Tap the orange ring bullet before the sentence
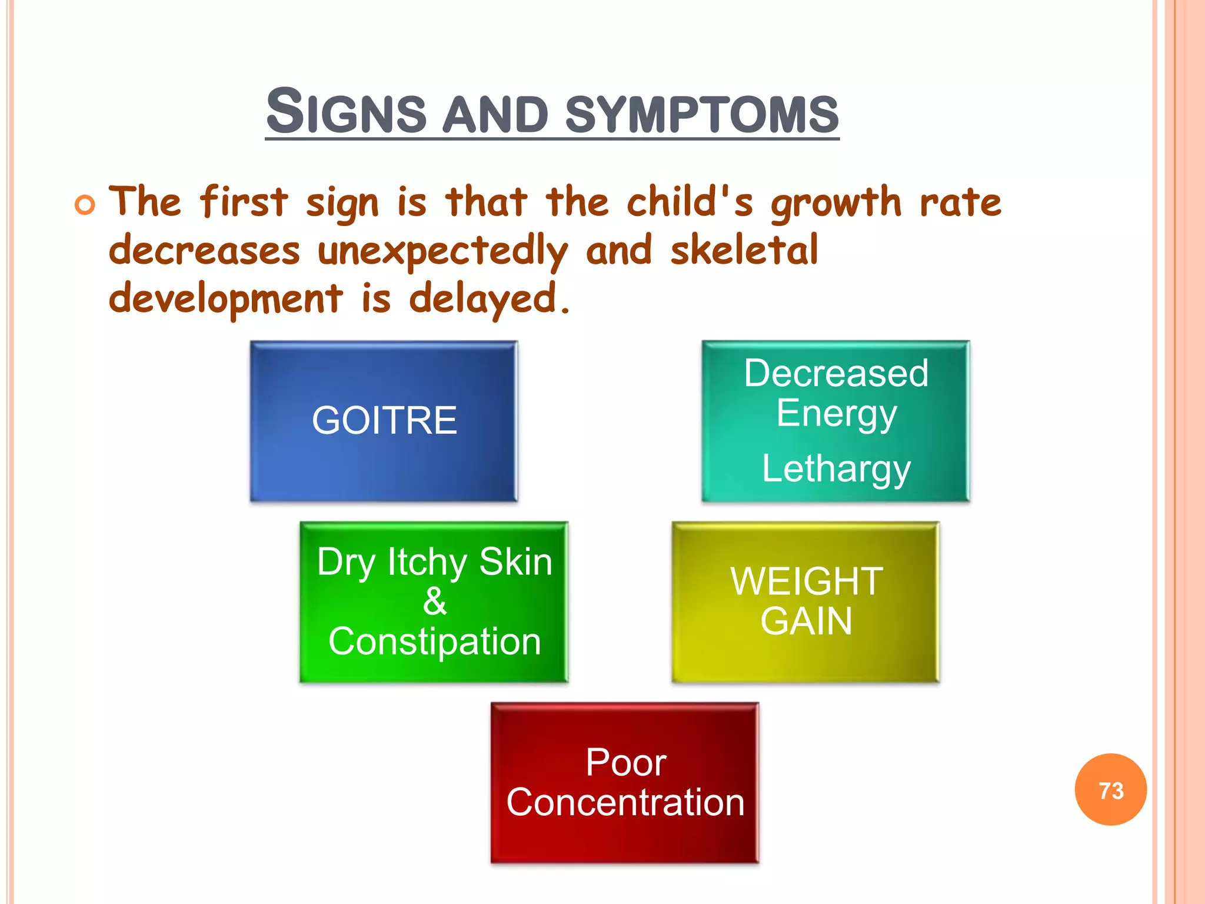point(85,205)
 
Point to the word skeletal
point(744,250)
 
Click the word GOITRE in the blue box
point(384,420)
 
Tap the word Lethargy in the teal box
point(836,469)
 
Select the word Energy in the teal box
point(836,414)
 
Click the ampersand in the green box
point(434,601)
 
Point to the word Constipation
point(434,641)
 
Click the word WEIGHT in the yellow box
point(806,581)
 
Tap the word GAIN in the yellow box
point(806,621)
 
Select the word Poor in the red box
point(625,763)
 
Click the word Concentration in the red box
point(625,802)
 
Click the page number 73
point(1110,790)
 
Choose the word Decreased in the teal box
point(836,373)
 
